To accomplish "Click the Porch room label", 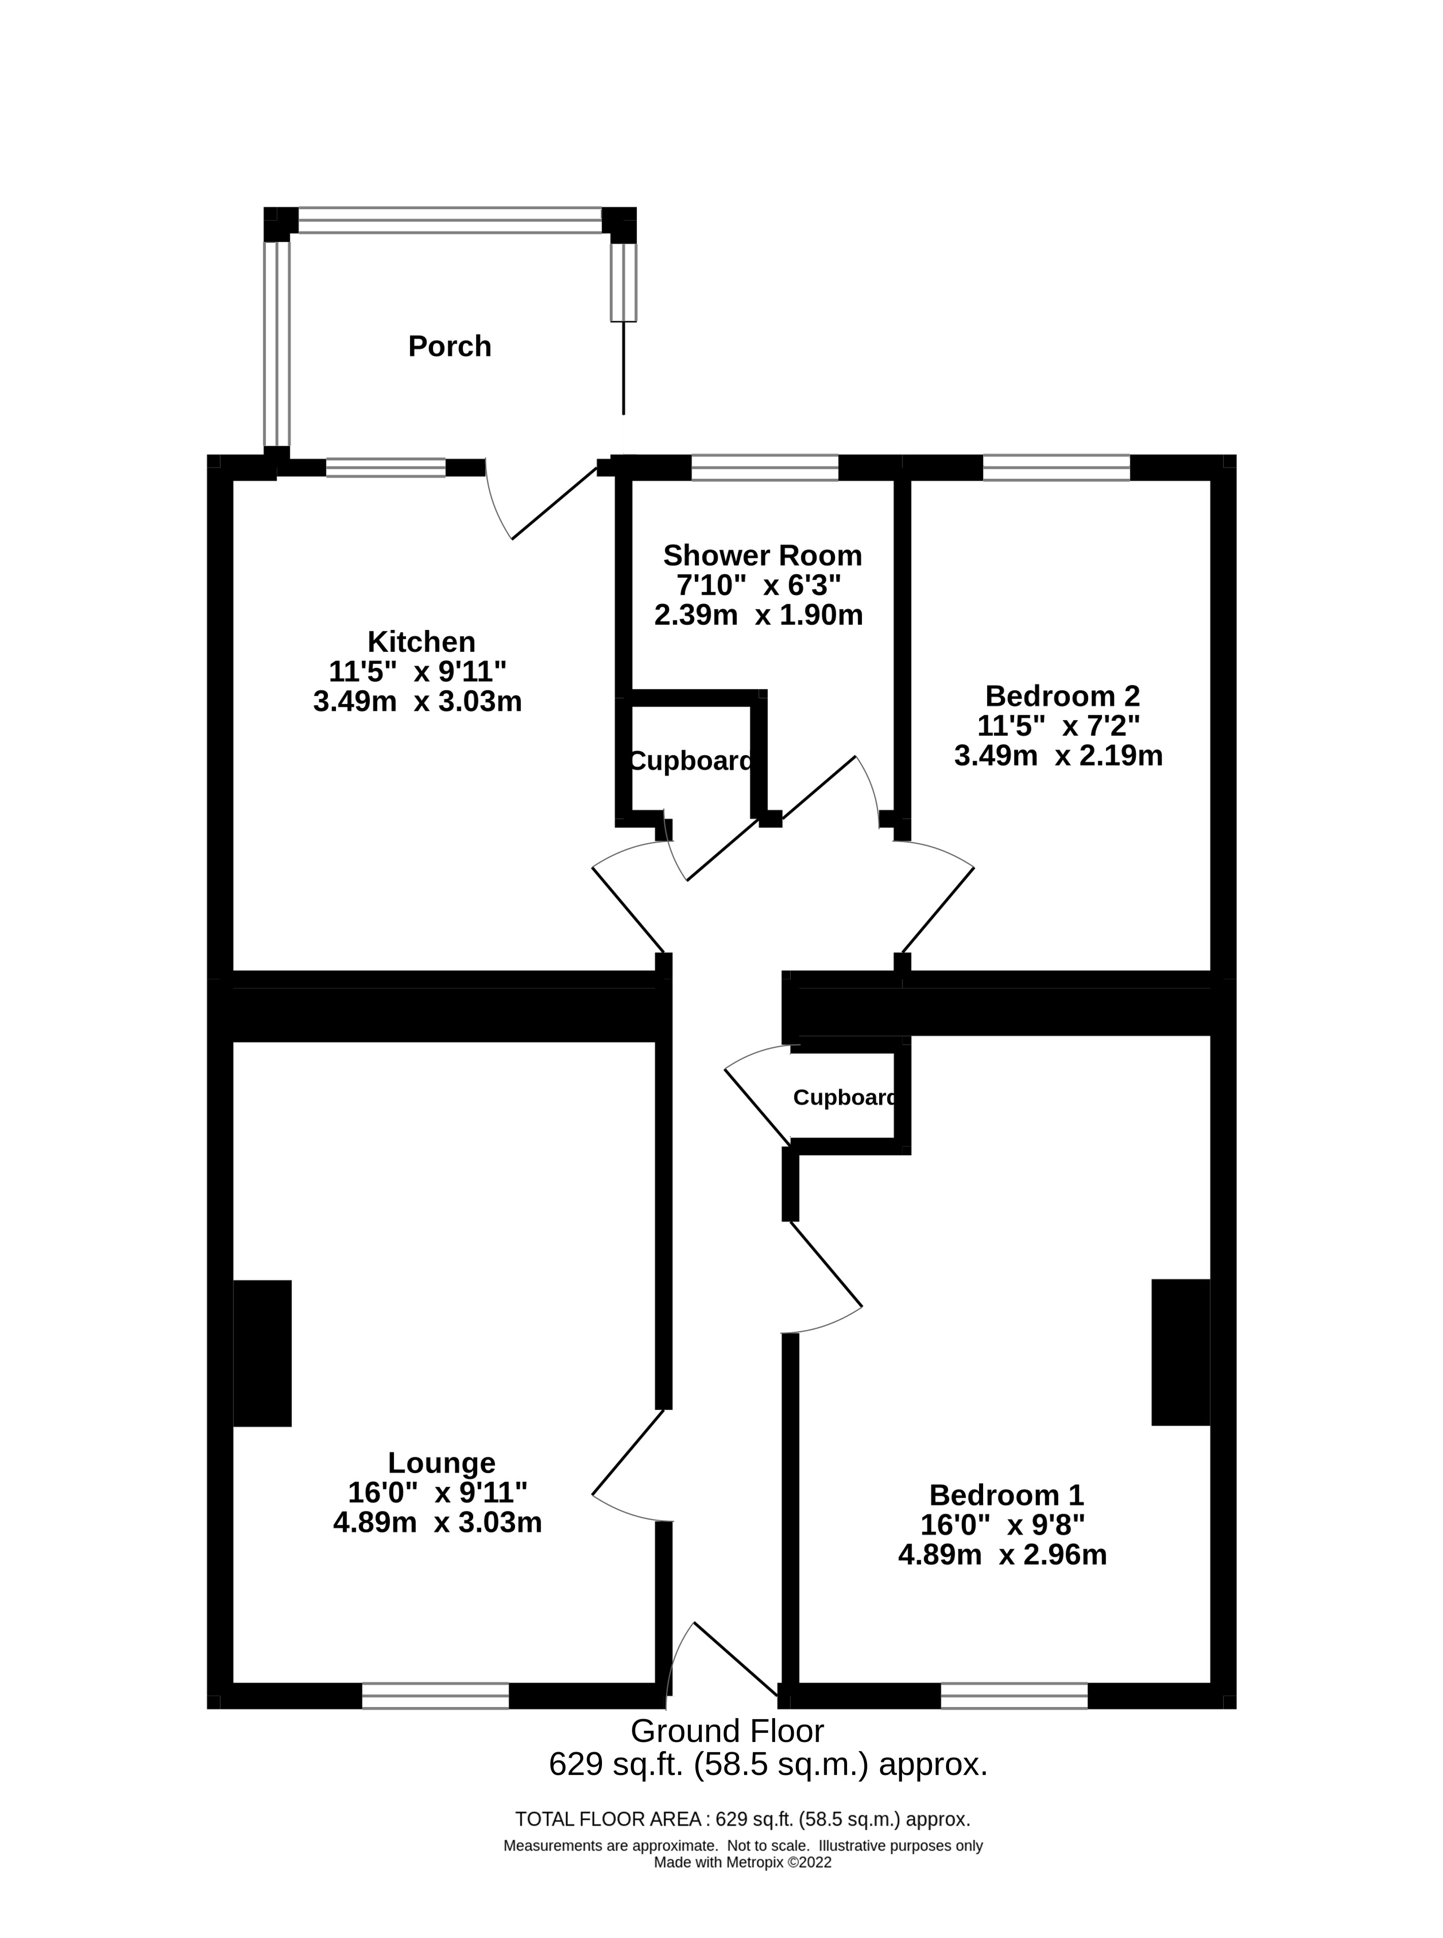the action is pos(449,347).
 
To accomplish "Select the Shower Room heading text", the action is pos(762,555).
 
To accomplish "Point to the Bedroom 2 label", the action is pos(1062,696).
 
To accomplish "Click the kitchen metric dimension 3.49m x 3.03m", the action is pos(418,701).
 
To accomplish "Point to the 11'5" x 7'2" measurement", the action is pos(1059,726).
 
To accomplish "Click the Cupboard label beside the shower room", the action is pos(690,761).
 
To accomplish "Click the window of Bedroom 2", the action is pos(1057,467).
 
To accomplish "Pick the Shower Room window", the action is pos(765,467).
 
